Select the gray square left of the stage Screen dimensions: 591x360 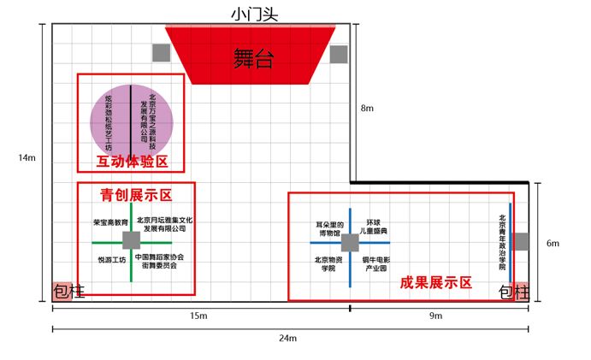pyautogui.click(x=162, y=53)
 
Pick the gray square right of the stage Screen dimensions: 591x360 pyautogui.click(x=339, y=54)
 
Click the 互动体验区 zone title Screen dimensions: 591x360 pyautogui.click(x=132, y=161)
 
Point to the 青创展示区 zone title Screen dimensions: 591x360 pyautogui.click(x=136, y=195)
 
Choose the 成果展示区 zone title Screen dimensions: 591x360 pyautogui.click(x=435, y=282)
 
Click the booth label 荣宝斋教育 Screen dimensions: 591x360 pyautogui.click(x=110, y=222)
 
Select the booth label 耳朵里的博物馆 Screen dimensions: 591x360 pyautogui.click(x=329, y=228)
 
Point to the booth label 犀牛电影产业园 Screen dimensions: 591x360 pyautogui.click(x=375, y=263)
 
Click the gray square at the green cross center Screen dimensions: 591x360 pyautogui.click(x=131, y=240)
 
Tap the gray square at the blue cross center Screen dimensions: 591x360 pyautogui.click(x=350, y=243)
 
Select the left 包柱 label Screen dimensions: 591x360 pyautogui.click(x=68, y=292)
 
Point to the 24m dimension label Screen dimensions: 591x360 pyautogui.click(x=287, y=339)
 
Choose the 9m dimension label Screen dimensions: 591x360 pyautogui.click(x=436, y=316)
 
